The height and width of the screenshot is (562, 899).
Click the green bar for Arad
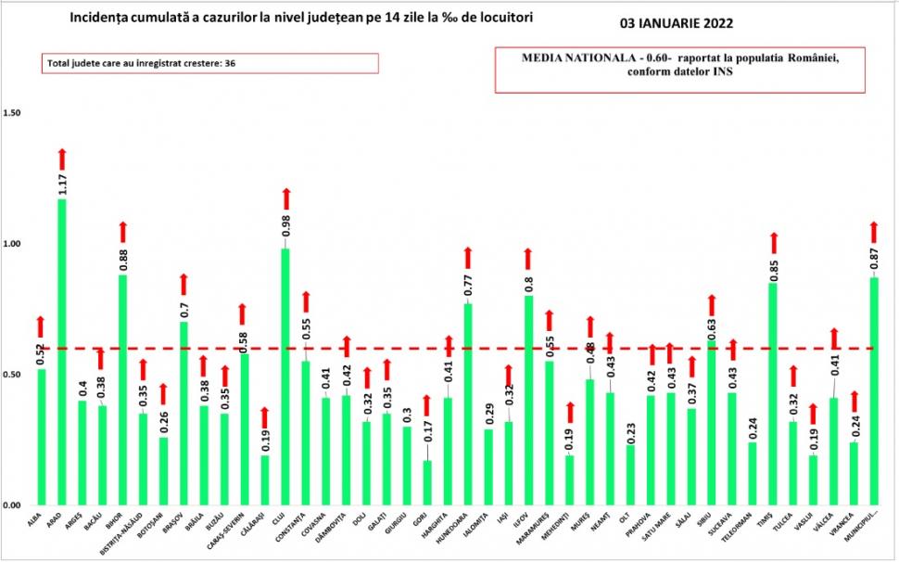click(x=62, y=352)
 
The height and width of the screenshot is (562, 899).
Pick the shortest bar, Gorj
click(x=427, y=482)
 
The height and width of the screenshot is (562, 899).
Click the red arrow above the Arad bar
click(x=62, y=159)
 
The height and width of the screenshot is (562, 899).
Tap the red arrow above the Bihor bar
click(x=123, y=232)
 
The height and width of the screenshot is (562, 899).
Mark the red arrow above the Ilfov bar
click(x=528, y=259)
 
